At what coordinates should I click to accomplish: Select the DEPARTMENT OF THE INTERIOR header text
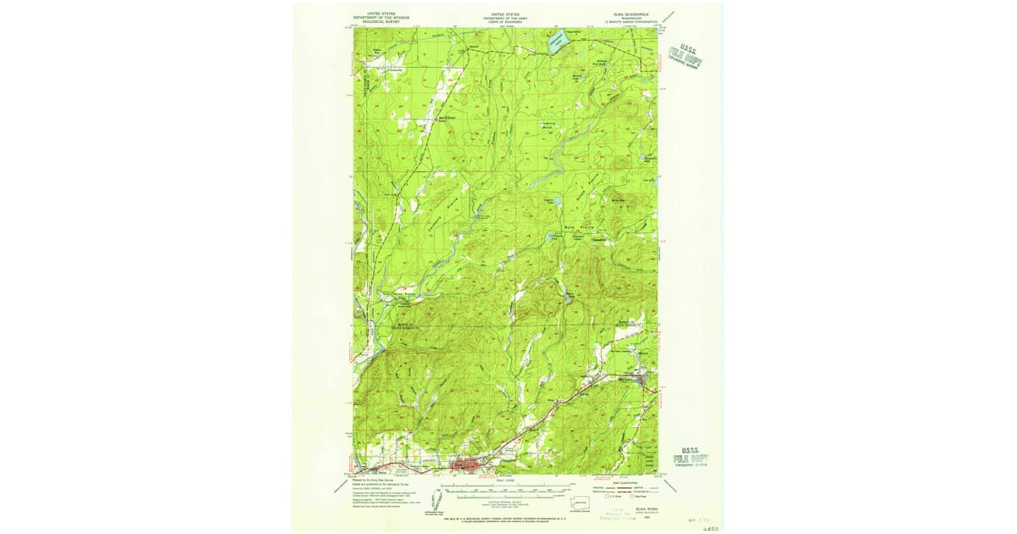pyautogui.click(x=376, y=17)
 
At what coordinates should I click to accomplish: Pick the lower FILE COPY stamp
pyautogui.click(x=691, y=458)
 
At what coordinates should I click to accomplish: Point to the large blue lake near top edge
pyautogui.click(x=555, y=42)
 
